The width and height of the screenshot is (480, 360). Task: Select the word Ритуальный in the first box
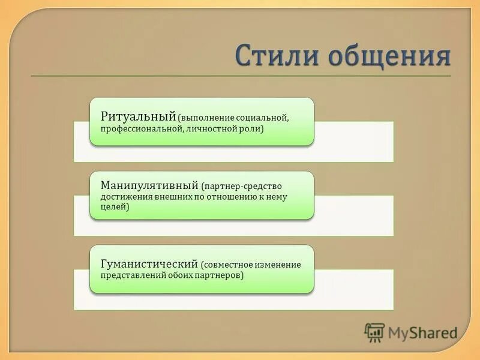pos(138,116)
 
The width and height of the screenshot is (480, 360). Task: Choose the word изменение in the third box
pos(278,265)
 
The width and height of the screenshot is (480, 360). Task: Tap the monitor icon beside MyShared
pos(374,332)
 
